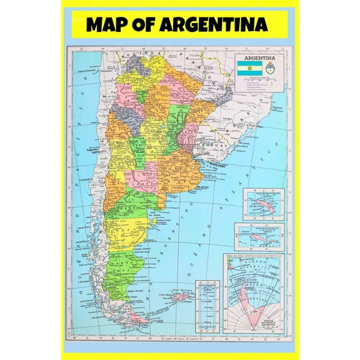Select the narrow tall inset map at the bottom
(x=207, y=306)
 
